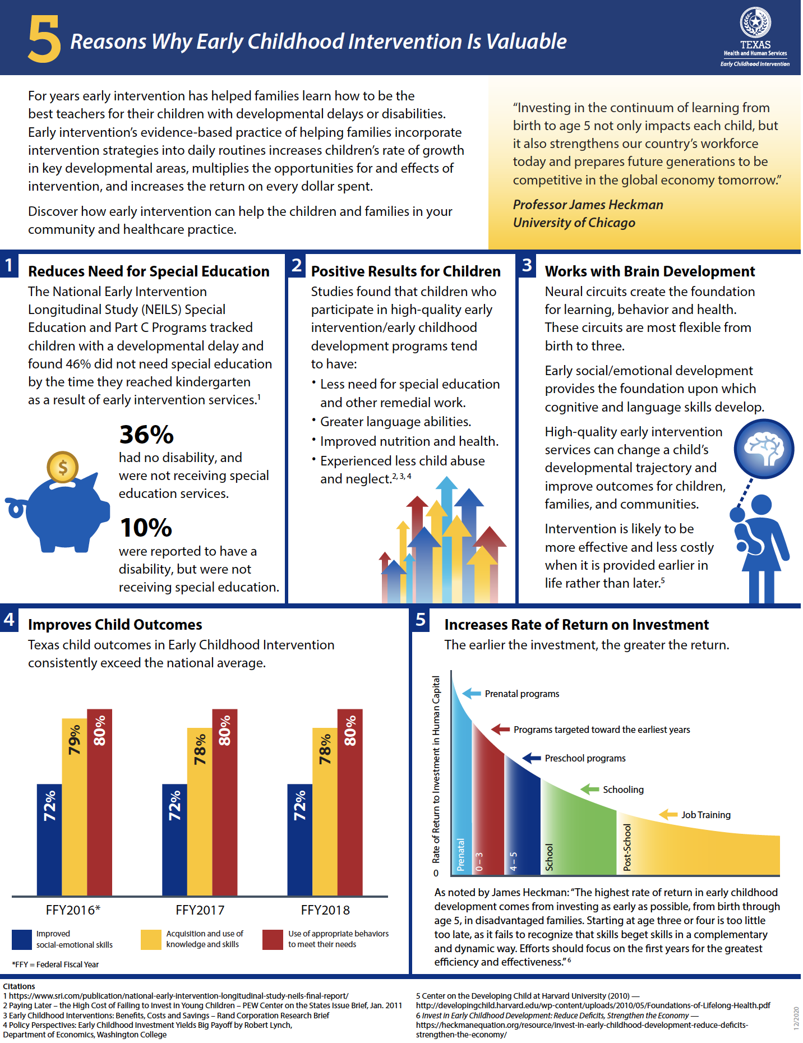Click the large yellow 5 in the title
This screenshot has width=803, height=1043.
(44, 39)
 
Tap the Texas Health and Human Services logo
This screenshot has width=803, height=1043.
(755, 37)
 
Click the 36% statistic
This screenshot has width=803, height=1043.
(146, 435)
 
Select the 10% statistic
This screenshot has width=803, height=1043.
(146, 528)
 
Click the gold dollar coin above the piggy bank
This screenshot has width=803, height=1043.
(62, 467)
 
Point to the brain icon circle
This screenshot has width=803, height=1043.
(764, 449)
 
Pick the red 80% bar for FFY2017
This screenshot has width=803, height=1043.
(224, 802)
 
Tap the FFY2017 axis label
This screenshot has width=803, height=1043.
(200, 910)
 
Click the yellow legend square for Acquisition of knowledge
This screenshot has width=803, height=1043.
(151, 940)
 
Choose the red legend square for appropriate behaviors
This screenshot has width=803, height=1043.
(273, 940)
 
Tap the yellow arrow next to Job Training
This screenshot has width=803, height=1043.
(668, 814)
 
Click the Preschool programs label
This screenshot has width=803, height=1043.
(585, 758)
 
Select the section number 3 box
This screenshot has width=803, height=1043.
(527, 265)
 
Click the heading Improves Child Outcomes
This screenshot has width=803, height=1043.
(115, 625)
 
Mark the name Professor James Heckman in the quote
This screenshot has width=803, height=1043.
(588, 205)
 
